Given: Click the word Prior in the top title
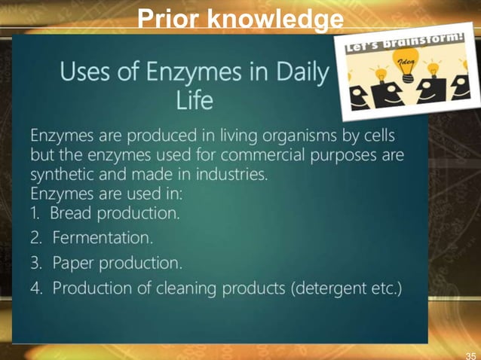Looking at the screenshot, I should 168,18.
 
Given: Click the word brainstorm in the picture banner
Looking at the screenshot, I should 416,42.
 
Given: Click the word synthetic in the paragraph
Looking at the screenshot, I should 63,175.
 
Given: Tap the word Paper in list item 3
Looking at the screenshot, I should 73,264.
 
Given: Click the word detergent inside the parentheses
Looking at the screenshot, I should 339,289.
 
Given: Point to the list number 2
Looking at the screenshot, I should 36,239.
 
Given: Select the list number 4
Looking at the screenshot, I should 36,289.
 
